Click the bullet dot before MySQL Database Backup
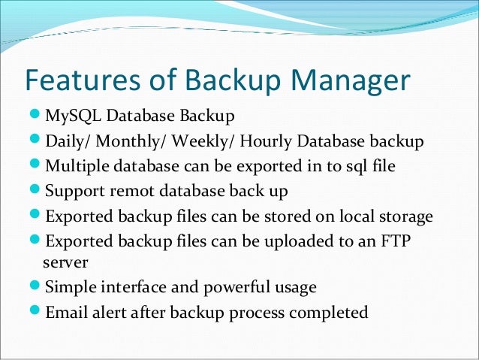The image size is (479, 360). click(x=35, y=116)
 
